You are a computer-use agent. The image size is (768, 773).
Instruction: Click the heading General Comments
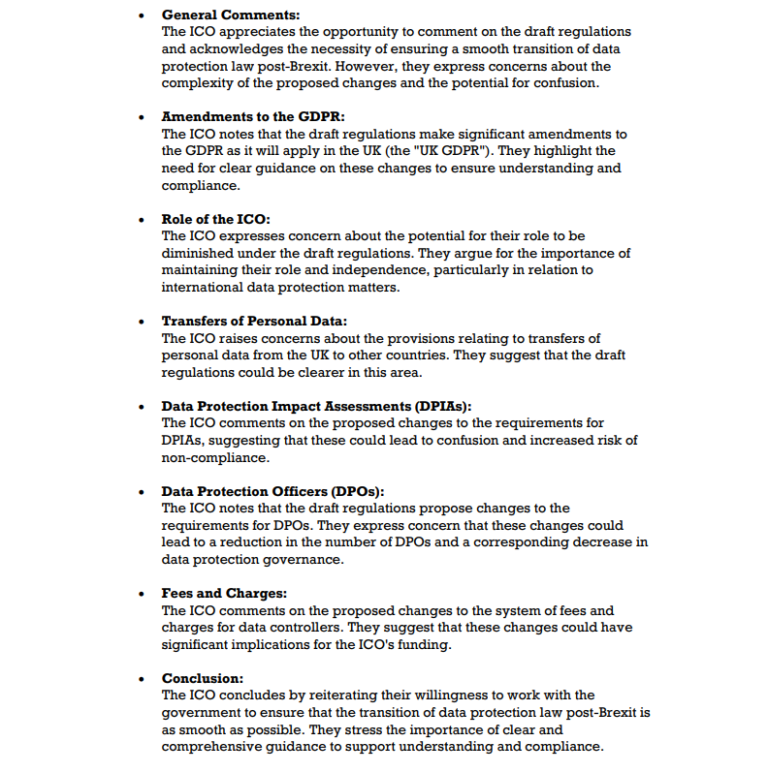(x=231, y=15)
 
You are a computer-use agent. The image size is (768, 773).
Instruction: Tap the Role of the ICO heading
(x=215, y=220)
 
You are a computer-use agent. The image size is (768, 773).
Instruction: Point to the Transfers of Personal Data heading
(x=254, y=321)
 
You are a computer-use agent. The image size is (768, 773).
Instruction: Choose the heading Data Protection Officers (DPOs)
(x=279, y=491)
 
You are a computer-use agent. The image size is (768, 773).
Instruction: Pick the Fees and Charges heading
(x=224, y=593)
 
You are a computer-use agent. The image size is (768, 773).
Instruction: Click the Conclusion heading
(x=203, y=678)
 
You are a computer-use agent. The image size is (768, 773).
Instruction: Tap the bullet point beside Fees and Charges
(x=143, y=593)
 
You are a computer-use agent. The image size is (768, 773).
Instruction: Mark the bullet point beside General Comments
(x=143, y=15)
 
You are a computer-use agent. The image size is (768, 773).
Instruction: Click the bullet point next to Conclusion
(x=143, y=678)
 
